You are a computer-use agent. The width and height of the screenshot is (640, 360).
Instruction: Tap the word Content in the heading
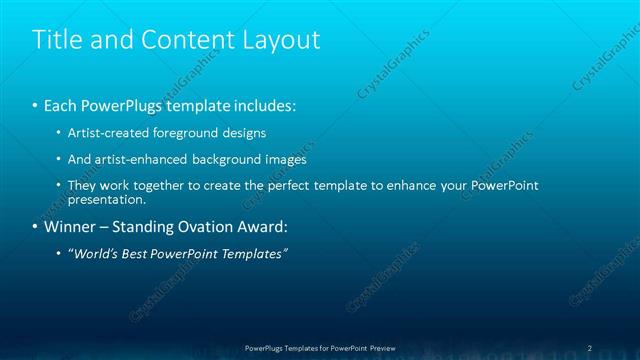(x=185, y=39)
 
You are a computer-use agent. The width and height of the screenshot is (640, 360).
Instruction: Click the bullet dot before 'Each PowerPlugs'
(x=36, y=105)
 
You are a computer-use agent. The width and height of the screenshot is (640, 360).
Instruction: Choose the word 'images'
(x=287, y=159)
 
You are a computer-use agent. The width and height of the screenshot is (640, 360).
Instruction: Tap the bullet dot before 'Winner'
(x=36, y=226)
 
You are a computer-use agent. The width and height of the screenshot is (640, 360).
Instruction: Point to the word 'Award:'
(x=261, y=226)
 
